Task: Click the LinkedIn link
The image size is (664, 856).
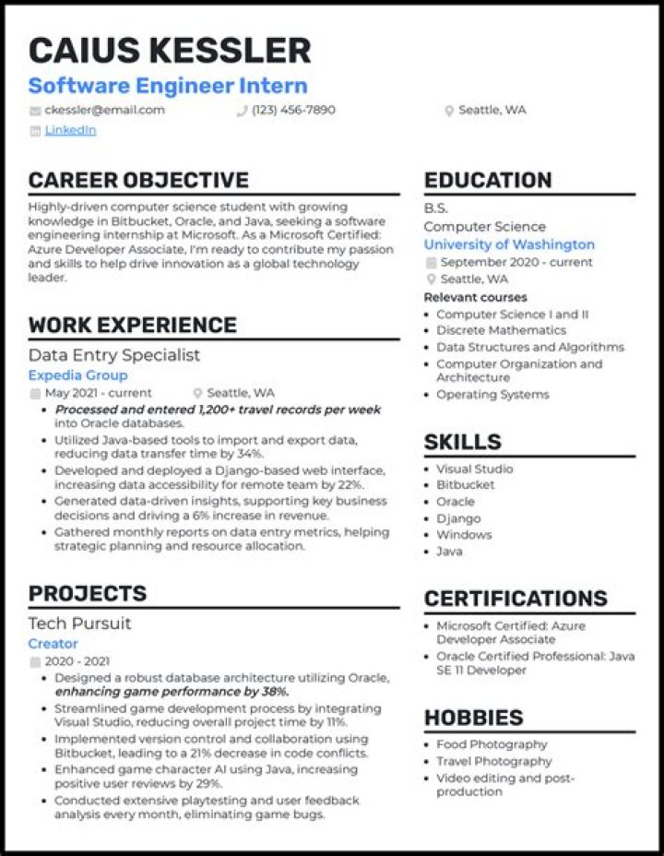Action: [x=70, y=130]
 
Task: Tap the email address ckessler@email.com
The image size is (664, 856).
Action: [x=104, y=110]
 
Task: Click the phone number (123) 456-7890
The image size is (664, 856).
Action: [x=293, y=110]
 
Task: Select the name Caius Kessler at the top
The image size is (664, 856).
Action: [x=170, y=50]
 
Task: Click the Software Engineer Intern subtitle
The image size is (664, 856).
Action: [x=168, y=86]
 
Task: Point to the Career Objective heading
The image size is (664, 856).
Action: [x=138, y=180]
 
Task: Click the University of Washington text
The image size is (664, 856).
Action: [x=509, y=244]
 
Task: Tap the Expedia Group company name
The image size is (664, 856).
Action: [x=77, y=375]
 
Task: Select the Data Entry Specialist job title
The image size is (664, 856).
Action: [x=114, y=355]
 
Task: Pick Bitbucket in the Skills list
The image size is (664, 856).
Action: [x=465, y=484]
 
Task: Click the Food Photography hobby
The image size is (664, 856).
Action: [x=492, y=744]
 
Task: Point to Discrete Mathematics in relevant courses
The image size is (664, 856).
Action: [x=501, y=330]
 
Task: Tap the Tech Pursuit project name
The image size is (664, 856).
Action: [x=79, y=624]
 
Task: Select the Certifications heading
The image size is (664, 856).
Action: [x=516, y=599]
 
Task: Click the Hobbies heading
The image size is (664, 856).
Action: [x=473, y=718]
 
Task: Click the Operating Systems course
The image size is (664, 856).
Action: [x=492, y=395]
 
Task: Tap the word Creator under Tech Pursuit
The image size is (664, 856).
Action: [x=53, y=644]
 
